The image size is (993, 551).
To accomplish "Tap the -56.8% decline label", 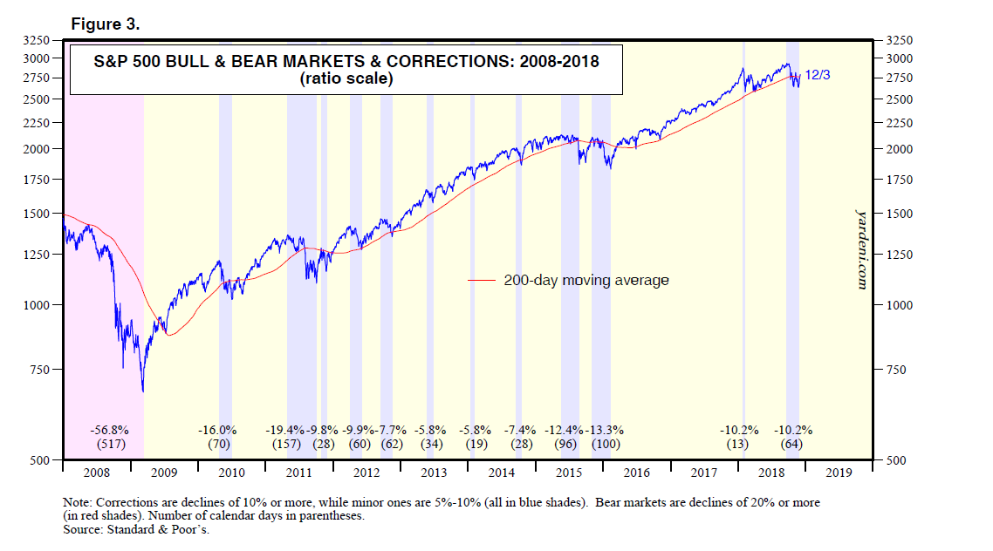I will coord(110,430).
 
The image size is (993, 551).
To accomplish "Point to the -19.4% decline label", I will coord(287,430).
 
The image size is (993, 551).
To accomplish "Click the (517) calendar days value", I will coord(110,444).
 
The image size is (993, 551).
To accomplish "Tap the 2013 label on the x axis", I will coord(434,473).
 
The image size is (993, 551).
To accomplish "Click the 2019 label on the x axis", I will coord(838,473).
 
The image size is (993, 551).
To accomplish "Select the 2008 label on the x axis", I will coord(96,473).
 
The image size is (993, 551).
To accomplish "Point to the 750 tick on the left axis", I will coord(42,370).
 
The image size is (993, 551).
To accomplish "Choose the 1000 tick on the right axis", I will coord(899,305).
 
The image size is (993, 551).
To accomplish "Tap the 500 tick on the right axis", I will coord(896,460).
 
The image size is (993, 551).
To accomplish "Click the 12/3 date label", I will coord(818,76).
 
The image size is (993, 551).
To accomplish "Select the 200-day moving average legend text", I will coord(586,281).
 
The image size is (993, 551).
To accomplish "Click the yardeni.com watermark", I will coord(860,248).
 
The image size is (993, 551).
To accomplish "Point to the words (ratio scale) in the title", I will coord(346,79).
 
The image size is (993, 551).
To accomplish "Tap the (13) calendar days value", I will coord(738,444).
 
